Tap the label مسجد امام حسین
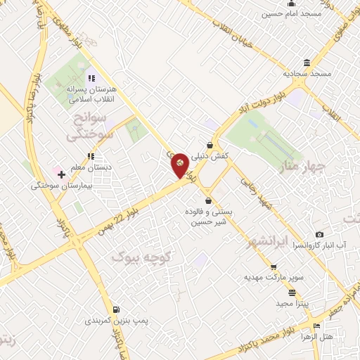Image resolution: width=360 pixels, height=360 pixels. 292,13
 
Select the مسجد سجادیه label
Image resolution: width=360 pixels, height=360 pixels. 307,72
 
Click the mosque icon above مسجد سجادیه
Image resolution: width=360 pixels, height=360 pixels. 307,63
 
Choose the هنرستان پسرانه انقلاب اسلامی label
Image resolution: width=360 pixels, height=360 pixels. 90,94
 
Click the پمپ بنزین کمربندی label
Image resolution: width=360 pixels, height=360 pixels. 115,321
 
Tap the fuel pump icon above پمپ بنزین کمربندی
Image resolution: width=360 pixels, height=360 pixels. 115,309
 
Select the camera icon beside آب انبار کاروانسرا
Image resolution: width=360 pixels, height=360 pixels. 320,234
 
